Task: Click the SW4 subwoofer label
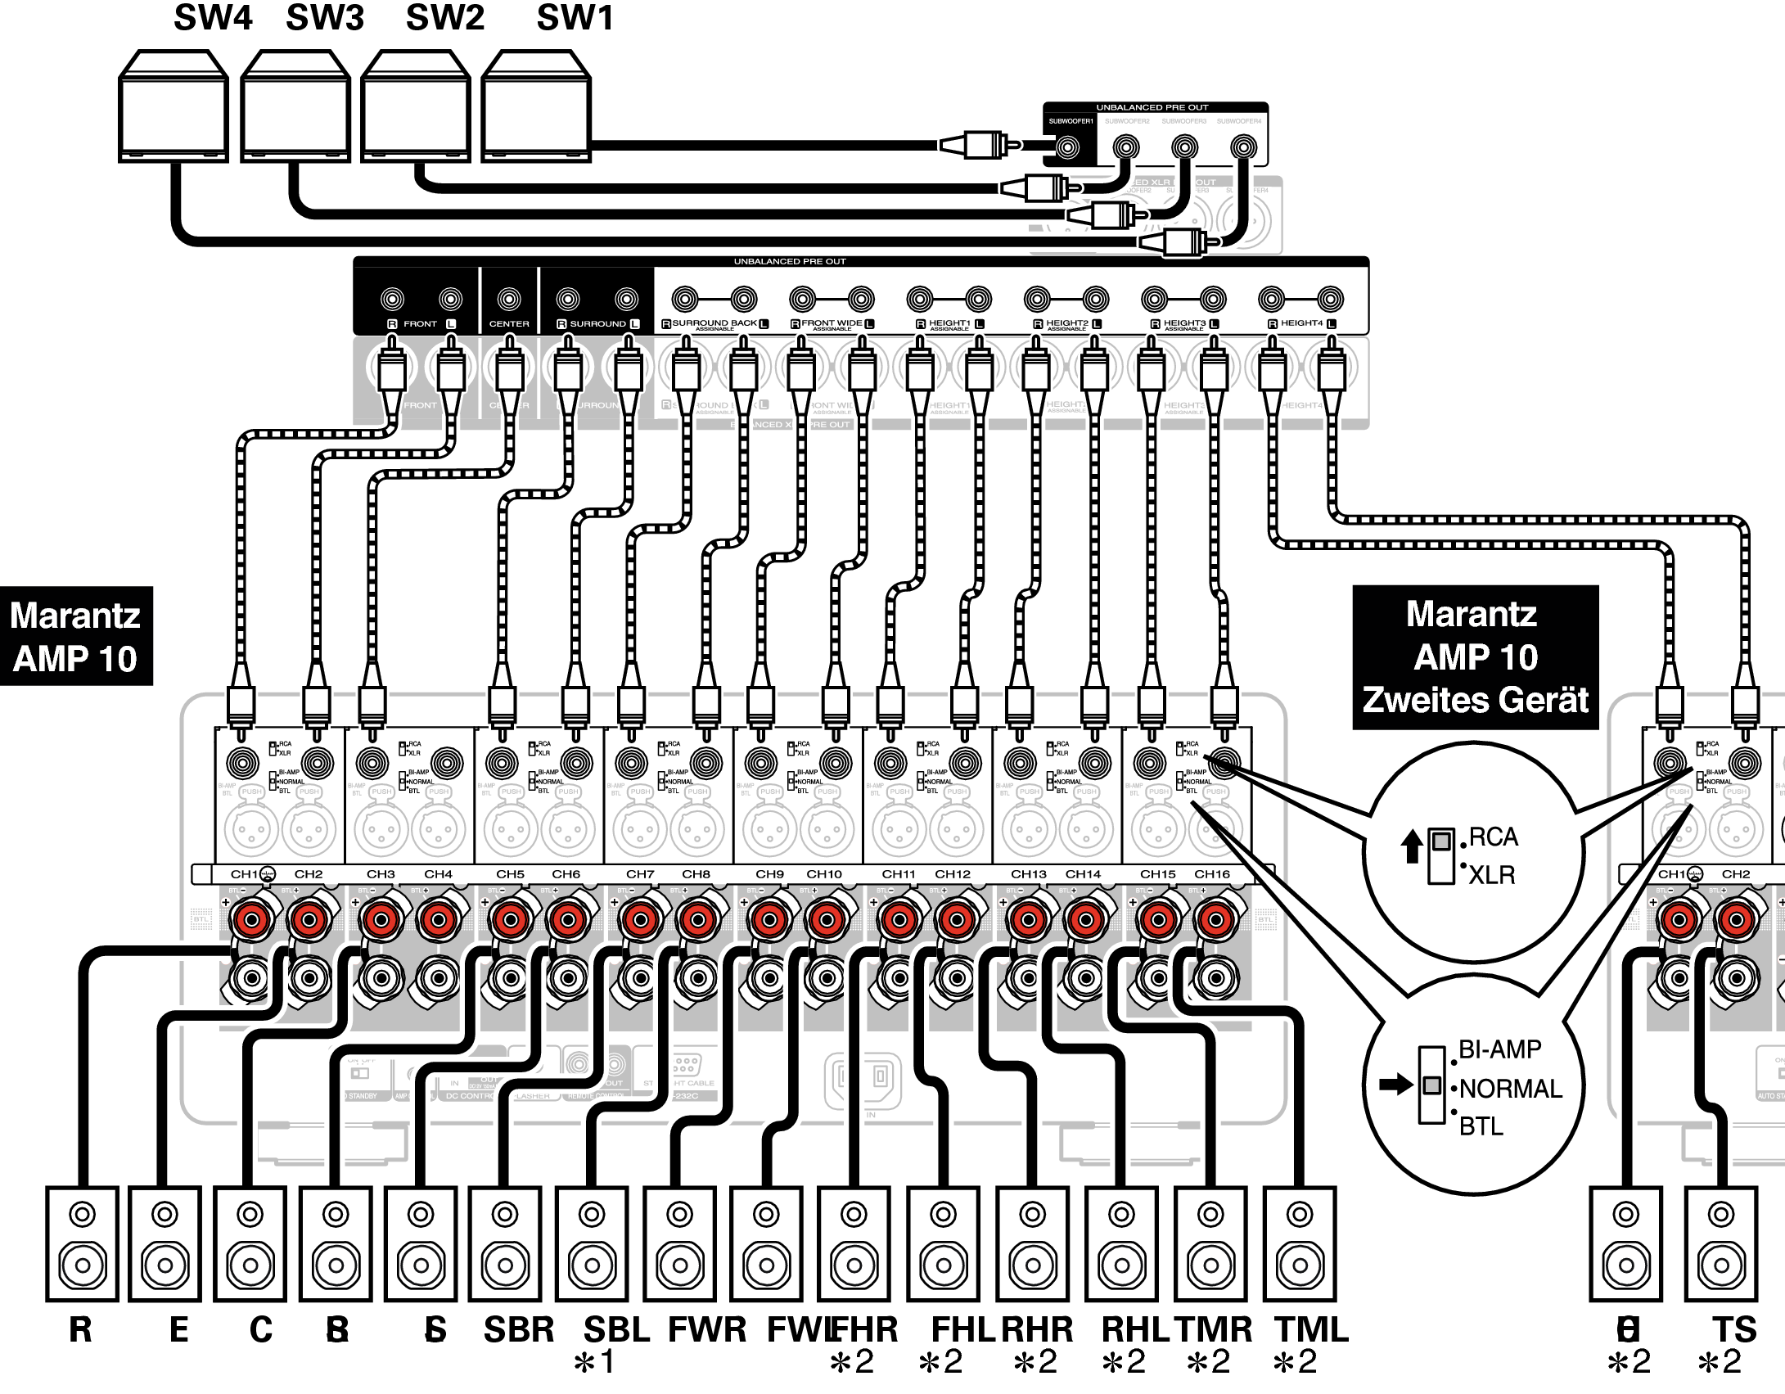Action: tap(213, 18)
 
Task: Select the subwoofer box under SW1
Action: tap(536, 106)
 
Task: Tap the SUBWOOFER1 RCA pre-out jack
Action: tap(1067, 147)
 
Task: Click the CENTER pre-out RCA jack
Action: tap(509, 300)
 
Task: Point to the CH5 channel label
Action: tap(510, 874)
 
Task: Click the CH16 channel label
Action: tap(1211, 874)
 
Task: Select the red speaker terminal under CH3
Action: tap(381, 920)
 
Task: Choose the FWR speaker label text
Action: tap(707, 1329)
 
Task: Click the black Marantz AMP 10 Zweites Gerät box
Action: tap(1475, 657)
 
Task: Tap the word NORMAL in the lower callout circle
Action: tap(1511, 1089)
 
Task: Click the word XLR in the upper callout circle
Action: tap(1491, 875)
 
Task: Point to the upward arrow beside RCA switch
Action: tap(1412, 846)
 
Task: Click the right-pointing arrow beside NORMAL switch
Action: tap(1395, 1085)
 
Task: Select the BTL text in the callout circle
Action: tap(1481, 1126)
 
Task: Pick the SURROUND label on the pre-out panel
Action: tap(597, 324)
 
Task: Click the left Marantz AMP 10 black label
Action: tap(75, 636)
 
